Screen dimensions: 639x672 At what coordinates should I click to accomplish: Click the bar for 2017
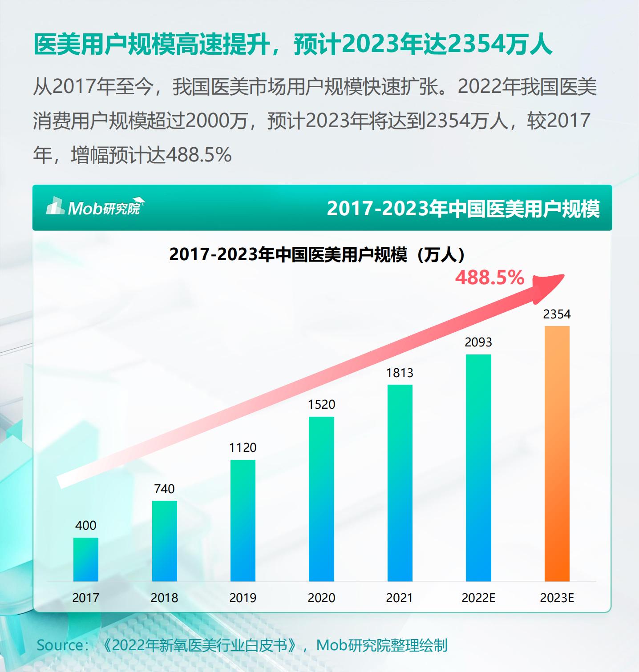[x=86, y=559]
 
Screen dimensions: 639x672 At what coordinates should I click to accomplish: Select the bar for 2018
[x=165, y=541]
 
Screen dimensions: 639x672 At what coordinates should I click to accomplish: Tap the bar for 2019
[x=243, y=520]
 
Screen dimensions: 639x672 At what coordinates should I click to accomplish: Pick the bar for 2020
[x=321, y=499]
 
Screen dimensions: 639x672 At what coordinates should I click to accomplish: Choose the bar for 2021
[x=400, y=483]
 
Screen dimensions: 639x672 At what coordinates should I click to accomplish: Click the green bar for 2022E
[x=478, y=467]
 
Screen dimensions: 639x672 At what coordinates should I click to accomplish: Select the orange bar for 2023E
[x=557, y=453]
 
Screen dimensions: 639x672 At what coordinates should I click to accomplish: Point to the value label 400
[x=86, y=525]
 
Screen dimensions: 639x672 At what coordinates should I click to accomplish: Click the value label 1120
[x=243, y=447]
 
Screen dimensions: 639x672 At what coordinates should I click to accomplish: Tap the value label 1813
[x=400, y=372]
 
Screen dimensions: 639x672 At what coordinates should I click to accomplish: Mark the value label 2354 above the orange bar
[x=557, y=314]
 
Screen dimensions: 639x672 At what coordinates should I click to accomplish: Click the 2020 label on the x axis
[x=321, y=597]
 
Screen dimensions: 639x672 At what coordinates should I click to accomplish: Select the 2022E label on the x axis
[x=478, y=597]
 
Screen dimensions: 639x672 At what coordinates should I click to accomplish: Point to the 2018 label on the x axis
[x=165, y=597]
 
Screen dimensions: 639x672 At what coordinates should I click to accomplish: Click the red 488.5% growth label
[x=489, y=278]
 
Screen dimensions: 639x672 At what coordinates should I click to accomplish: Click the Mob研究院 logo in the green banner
[x=95, y=206]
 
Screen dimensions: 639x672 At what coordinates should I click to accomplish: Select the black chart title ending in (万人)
[x=317, y=254]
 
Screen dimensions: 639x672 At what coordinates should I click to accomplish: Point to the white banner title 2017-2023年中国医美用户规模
[x=463, y=208]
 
